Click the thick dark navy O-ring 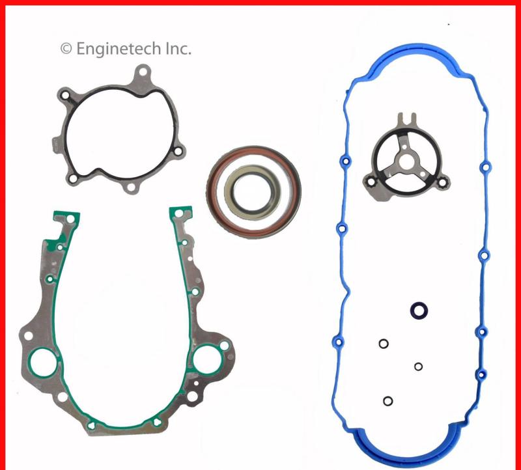[417, 311]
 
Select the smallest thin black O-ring [418, 366]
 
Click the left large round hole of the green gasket [43, 361]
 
